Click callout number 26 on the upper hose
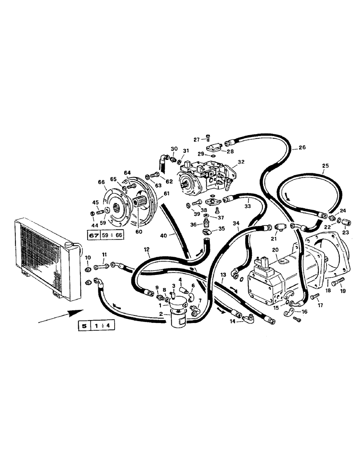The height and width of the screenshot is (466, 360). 302,148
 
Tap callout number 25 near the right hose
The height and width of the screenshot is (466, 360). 325,166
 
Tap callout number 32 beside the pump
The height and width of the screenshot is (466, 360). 241,163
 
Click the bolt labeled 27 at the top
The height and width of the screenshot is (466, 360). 208,138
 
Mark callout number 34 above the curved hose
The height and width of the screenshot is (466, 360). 236,224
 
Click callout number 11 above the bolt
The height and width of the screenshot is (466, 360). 104,254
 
